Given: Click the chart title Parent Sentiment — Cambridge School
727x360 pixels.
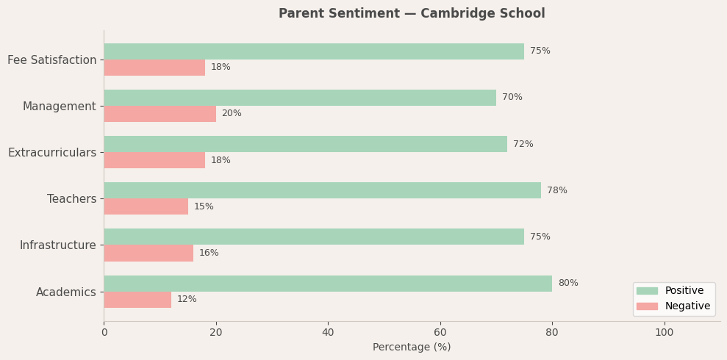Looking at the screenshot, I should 412,14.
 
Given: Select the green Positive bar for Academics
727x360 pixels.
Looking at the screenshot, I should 328,284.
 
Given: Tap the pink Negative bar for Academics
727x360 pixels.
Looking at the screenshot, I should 137,300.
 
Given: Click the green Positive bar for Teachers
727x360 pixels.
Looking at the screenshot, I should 322,190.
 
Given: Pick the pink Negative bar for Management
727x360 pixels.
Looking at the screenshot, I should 160,114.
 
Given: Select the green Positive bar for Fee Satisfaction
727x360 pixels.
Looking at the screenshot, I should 314,51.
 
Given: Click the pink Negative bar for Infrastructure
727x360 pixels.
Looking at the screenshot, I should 148,253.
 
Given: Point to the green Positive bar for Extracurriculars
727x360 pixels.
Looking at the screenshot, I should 305,144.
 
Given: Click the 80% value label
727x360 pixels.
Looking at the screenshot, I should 567,284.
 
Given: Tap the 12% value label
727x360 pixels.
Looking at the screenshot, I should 187,300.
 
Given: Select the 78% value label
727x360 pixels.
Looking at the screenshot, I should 556,191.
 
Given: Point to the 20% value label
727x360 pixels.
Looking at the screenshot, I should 232,114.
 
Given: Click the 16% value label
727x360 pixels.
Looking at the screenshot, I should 209,253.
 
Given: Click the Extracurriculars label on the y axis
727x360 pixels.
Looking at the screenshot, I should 52,153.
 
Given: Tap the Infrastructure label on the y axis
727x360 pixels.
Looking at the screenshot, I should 57,245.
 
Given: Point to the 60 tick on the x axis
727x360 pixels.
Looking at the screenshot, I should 440,333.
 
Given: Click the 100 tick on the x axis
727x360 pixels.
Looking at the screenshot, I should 664,333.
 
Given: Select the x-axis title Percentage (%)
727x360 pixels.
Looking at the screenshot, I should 412,348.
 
